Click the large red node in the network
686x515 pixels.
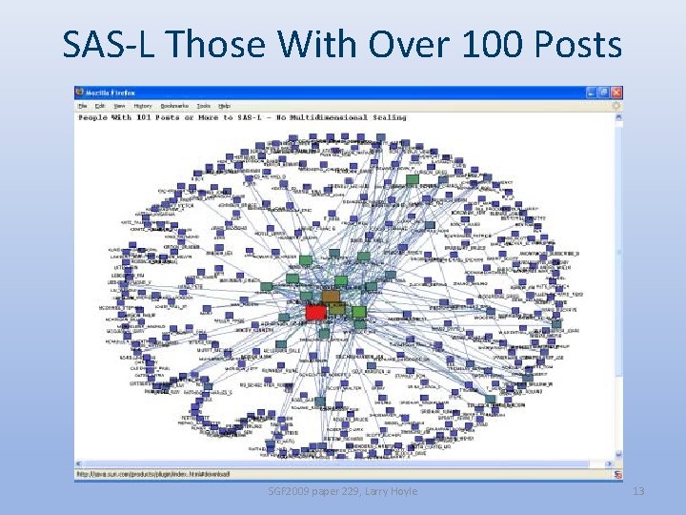[315, 312]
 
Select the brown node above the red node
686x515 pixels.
[331, 297]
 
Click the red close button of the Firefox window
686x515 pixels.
[617, 93]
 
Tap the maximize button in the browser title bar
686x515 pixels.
[605, 93]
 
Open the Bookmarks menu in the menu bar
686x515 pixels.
[174, 105]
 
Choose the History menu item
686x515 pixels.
[143, 105]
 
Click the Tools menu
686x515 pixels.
[204, 105]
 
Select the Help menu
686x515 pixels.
[225, 105]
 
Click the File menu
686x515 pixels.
[83, 105]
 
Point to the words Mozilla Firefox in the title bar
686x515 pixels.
[112, 93]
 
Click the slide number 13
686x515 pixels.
[638, 491]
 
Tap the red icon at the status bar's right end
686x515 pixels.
[617, 474]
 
